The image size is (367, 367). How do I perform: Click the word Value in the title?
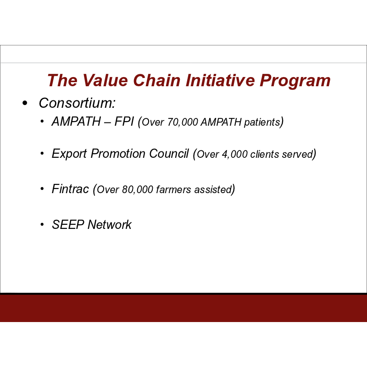click(105, 80)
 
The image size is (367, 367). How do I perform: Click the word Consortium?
click(77, 103)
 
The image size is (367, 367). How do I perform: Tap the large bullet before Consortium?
click(25, 103)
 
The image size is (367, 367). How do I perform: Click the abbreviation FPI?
click(124, 122)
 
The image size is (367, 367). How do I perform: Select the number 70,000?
click(183, 122)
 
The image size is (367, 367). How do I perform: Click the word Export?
click(69, 154)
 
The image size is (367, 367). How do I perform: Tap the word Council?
click(169, 154)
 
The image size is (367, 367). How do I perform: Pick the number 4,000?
click(235, 155)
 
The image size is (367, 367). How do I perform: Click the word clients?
click(265, 155)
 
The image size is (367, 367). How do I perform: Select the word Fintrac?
click(70, 189)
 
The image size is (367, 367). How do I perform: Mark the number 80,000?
click(138, 189)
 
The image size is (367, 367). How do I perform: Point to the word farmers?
click(173, 189)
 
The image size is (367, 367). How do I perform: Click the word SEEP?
click(68, 225)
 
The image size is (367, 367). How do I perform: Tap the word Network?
click(110, 225)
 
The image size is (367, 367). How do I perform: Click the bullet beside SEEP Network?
click(42, 225)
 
